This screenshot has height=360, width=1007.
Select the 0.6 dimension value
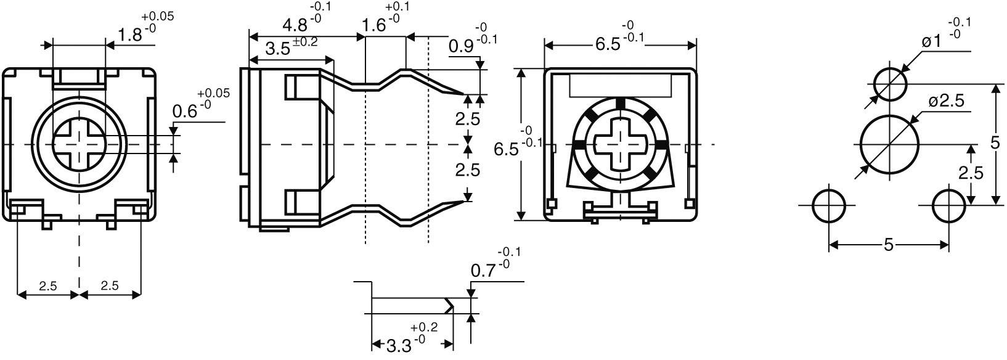coord(184,112)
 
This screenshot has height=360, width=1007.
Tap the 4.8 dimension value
coord(295,26)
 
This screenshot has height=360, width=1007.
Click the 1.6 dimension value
coord(374,26)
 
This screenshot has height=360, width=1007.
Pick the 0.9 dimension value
coord(461,46)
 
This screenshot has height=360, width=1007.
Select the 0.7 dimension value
coord(483,270)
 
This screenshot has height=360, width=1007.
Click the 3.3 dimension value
coord(399,346)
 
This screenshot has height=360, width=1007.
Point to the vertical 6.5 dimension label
coord(506,149)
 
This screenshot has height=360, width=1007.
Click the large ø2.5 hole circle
coord(889,144)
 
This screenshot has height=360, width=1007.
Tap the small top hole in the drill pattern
coord(891,83)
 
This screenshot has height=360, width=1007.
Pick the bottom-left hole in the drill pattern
coord(829,206)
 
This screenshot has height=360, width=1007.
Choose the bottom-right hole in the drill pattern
coord(948,206)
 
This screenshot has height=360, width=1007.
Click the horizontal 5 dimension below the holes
coord(888,245)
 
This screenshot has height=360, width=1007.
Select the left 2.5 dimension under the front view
coord(48,286)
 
